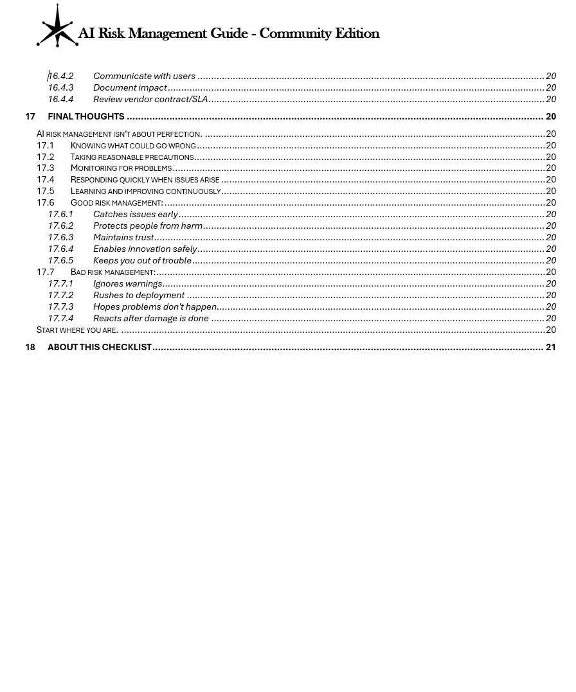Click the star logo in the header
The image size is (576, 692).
pos(57,26)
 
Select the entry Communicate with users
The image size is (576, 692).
pos(144,76)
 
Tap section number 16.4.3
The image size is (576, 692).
pos(60,87)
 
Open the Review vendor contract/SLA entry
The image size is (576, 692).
pos(150,99)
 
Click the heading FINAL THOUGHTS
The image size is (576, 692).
pos(85,116)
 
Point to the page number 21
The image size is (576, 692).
pos(550,347)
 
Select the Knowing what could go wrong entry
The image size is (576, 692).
pos(133,145)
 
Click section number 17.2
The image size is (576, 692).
pos(45,157)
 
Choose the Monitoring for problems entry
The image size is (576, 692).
pos(121,168)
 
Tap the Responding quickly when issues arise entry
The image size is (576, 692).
pos(145,180)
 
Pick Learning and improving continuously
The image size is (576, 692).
pos(145,191)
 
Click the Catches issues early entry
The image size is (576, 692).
pos(135,214)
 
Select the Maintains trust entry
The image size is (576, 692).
pos(123,237)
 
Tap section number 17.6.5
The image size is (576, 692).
pos(60,260)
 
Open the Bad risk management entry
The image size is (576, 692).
pos(113,272)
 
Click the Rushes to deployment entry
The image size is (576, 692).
pos(139,295)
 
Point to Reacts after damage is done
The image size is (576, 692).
pos(150,318)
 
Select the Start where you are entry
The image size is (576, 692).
pos(77,330)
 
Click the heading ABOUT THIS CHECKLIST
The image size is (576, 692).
pos(99,347)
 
